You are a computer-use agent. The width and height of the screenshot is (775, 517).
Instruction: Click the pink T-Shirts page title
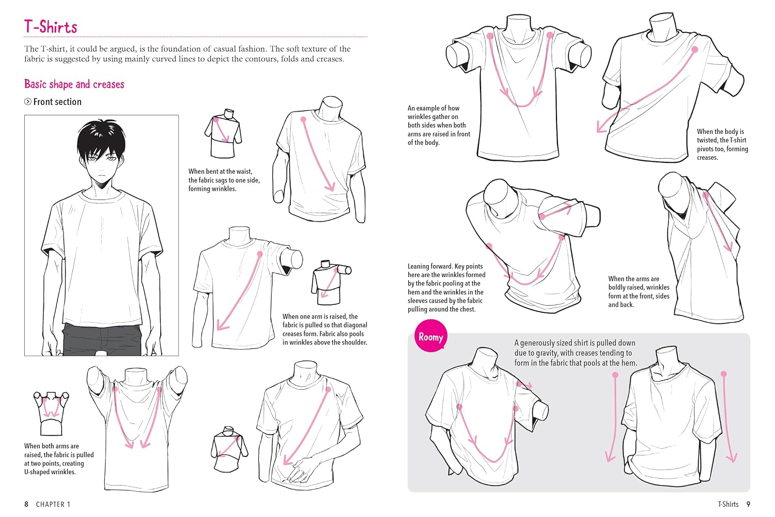pyautogui.click(x=51, y=27)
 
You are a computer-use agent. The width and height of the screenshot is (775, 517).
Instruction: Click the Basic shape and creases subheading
pyautogui.click(x=74, y=84)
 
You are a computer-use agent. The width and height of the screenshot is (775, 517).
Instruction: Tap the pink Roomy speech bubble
pyautogui.click(x=430, y=337)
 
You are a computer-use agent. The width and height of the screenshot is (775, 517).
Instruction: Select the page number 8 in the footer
pyautogui.click(x=26, y=504)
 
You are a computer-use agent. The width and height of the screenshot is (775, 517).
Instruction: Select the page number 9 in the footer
pyautogui.click(x=748, y=504)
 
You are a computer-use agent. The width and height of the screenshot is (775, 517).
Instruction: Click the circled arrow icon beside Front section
pyautogui.click(x=28, y=102)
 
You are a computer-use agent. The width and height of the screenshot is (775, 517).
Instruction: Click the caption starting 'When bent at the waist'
pyautogui.click(x=224, y=180)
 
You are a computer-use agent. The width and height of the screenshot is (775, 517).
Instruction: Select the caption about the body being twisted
pyautogui.click(x=722, y=144)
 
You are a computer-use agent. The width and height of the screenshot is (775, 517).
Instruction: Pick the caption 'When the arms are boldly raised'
pyautogui.click(x=639, y=292)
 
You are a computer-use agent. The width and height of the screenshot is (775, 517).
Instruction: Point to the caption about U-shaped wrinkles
pyautogui.click(x=59, y=459)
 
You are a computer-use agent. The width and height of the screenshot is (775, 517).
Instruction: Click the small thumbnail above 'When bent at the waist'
pyautogui.click(x=223, y=133)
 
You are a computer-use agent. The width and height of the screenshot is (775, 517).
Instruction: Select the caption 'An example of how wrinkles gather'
pyautogui.click(x=439, y=125)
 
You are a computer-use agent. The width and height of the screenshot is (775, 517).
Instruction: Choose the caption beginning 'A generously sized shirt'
pyautogui.click(x=575, y=353)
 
